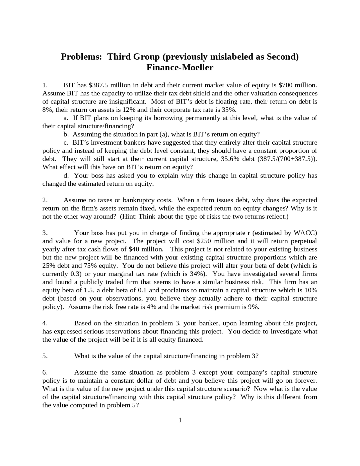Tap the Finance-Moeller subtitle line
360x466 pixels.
pyautogui.click(x=180, y=68)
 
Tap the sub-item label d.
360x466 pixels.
pyautogui.click(x=66, y=176)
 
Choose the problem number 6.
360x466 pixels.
pyautogui.click(x=45, y=372)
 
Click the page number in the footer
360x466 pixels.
pyautogui.click(x=180, y=420)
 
